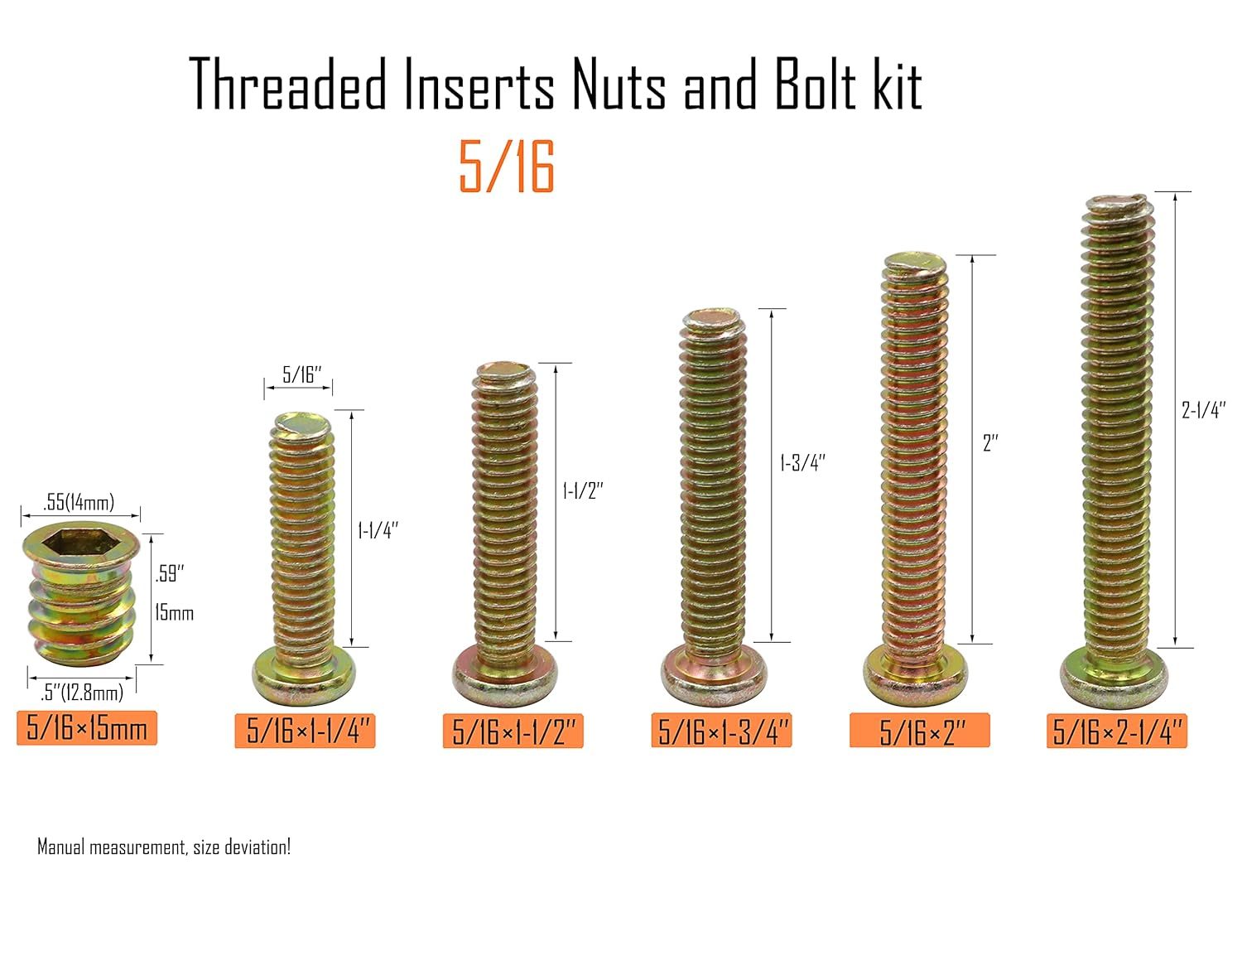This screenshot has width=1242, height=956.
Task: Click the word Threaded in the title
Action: [287, 84]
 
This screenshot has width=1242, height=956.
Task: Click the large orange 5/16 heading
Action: [507, 167]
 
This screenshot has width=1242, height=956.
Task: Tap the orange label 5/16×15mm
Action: [86, 728]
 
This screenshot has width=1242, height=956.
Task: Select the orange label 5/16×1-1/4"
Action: [305, 731]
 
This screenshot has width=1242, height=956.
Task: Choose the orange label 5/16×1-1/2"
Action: [513, 731]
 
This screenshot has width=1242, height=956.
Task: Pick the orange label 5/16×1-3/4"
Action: [721, 730]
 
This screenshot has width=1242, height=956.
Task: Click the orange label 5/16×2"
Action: [919, 730]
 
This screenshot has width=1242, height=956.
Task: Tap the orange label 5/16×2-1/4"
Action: [1117, 731]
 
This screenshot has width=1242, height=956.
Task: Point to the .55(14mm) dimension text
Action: [79, 502]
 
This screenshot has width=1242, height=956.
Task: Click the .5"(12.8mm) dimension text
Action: [82, 693]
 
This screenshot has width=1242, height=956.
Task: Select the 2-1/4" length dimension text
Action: [1204, 410]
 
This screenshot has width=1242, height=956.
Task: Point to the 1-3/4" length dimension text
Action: [802, 462]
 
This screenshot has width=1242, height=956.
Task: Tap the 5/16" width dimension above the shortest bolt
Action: [301, 375]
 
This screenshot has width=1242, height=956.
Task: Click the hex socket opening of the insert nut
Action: [79, 542]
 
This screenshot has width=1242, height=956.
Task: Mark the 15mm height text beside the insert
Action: [175, 614]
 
